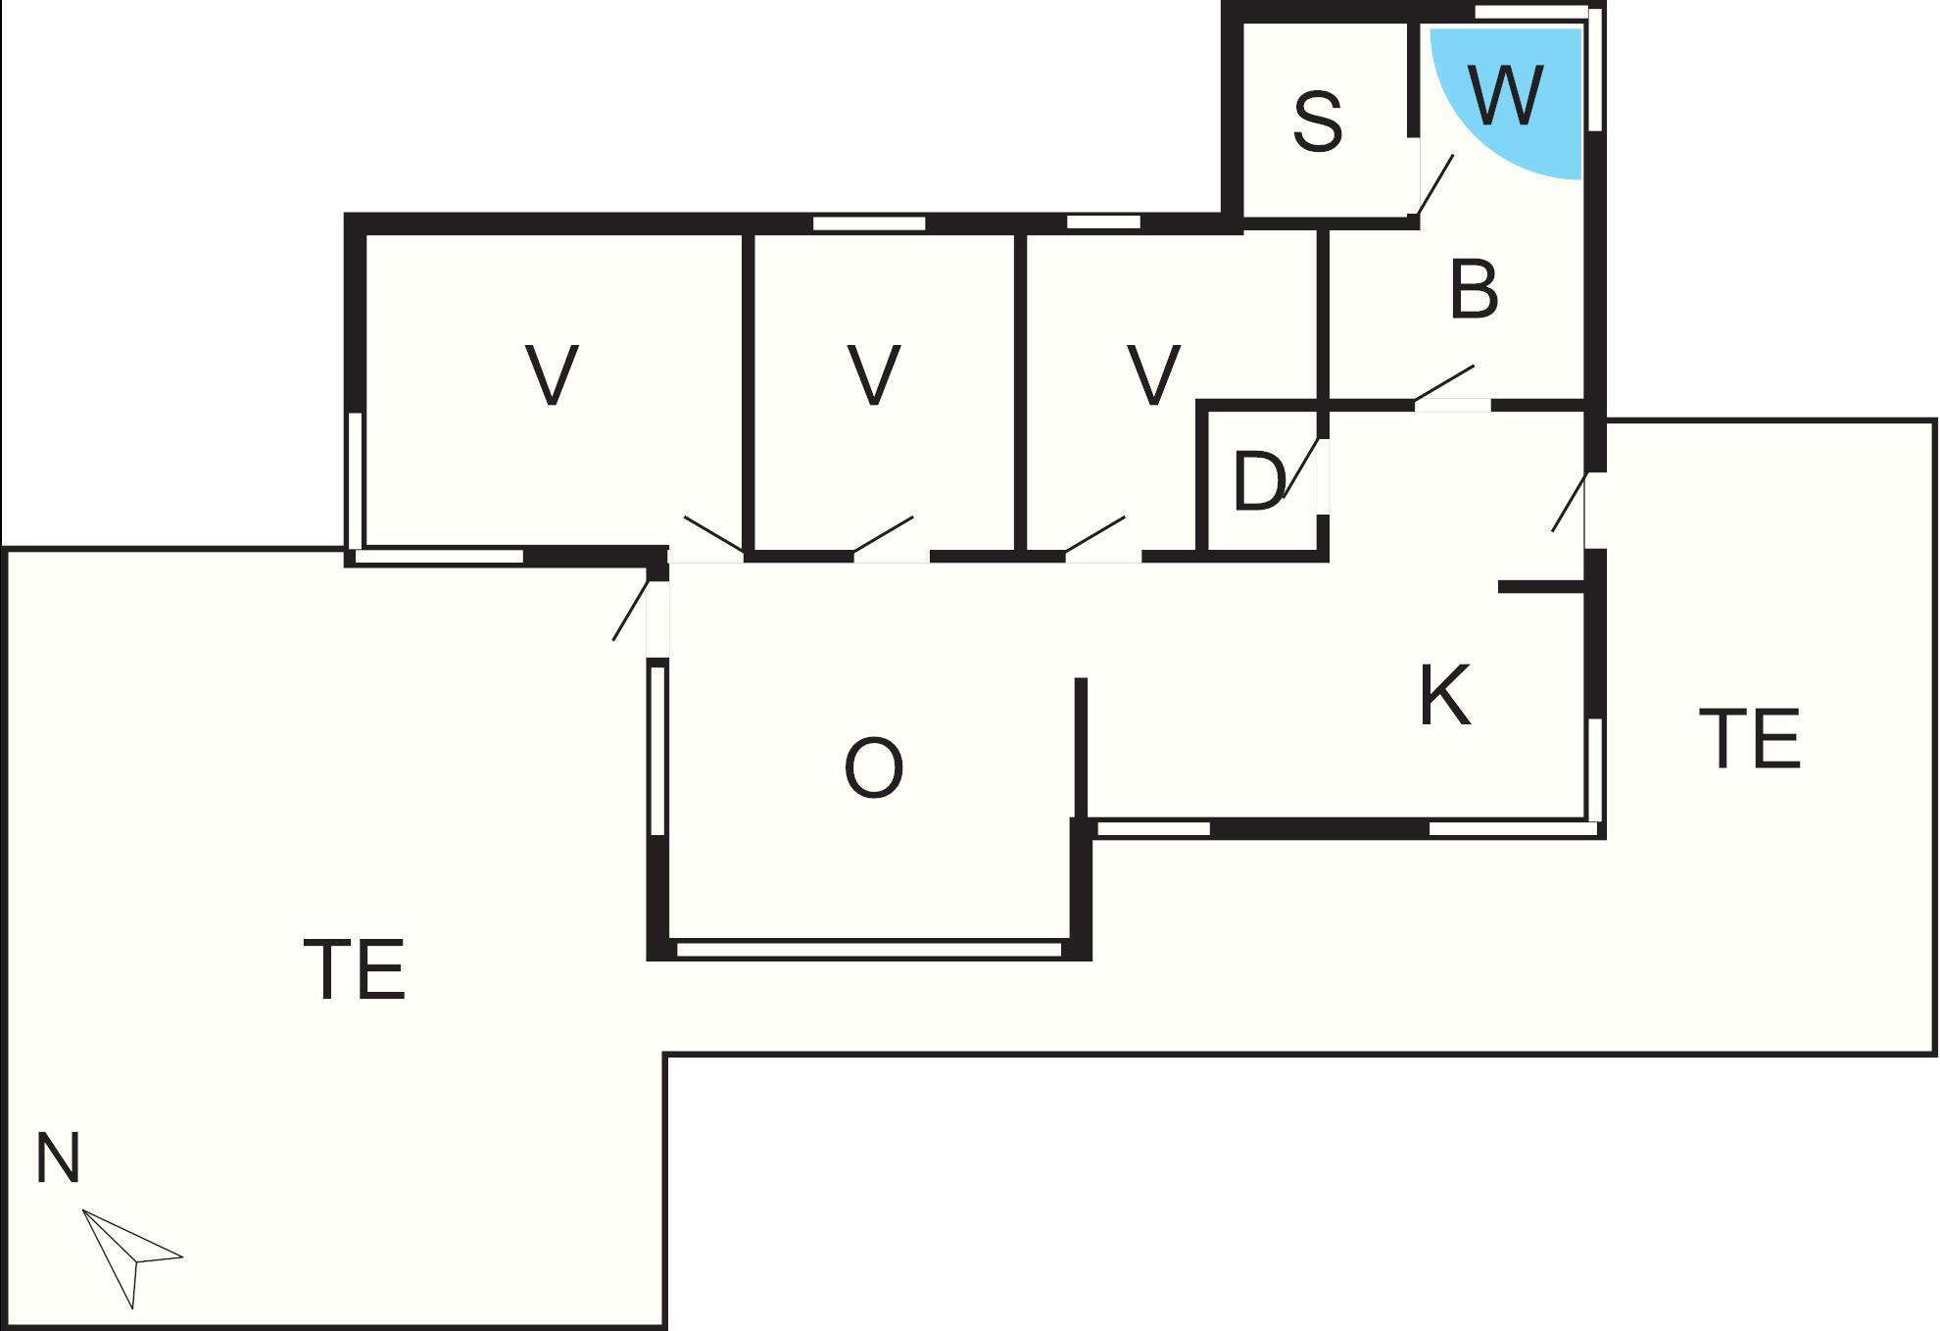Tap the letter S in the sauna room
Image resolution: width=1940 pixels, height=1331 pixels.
click(1317, 122)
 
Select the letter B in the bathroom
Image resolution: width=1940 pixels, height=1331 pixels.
click(1474, 290)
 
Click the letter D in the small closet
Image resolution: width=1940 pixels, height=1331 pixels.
click(1258, 481)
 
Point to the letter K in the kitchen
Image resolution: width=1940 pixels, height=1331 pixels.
click(1445, 695)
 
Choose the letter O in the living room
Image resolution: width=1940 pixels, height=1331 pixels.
click(873, 767)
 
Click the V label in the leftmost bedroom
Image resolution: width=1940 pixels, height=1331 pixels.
click(552, 374)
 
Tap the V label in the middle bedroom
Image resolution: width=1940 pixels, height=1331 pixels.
click(873, 374)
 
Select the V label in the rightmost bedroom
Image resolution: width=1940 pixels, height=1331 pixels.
click(1153, 374)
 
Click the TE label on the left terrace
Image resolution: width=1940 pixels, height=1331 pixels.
click(355, 969)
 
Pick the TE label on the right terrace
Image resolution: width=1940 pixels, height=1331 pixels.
click(1750, 738)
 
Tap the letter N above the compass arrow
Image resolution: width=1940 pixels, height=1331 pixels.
click(57, 1158)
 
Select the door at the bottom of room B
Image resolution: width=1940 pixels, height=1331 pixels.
click(1445, 384)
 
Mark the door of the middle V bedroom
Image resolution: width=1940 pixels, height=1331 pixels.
click(884, 535)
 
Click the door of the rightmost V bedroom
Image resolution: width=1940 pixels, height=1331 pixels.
click(1095, 535)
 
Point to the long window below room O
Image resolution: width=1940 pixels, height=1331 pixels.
click(869, 949)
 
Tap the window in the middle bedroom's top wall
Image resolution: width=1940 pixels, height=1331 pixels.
click(869, 223)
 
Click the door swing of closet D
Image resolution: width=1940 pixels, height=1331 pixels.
click(1301, 468)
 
